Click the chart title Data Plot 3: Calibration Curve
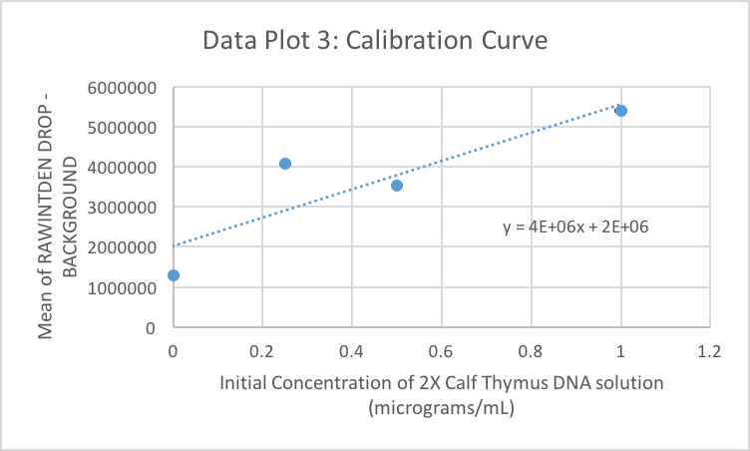coord(374,42)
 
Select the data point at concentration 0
coord(174,274)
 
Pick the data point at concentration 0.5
coord(397,186)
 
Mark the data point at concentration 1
coord(621,110)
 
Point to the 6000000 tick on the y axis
coord(124,88)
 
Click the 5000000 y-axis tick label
coord(124,128)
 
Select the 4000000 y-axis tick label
coord(124,168)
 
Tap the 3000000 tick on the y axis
coord(124,208)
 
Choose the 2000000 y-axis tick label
coord(124,247)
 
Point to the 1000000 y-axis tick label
coord(124,288)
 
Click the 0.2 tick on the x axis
coord(262,351)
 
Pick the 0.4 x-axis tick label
coord(352,351)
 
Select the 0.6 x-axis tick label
coord(442,351)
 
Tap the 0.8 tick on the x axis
coord(531,351)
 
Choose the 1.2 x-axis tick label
coord(709,351)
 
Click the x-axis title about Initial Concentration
coord(441,383)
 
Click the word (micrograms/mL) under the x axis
coord(441,407)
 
